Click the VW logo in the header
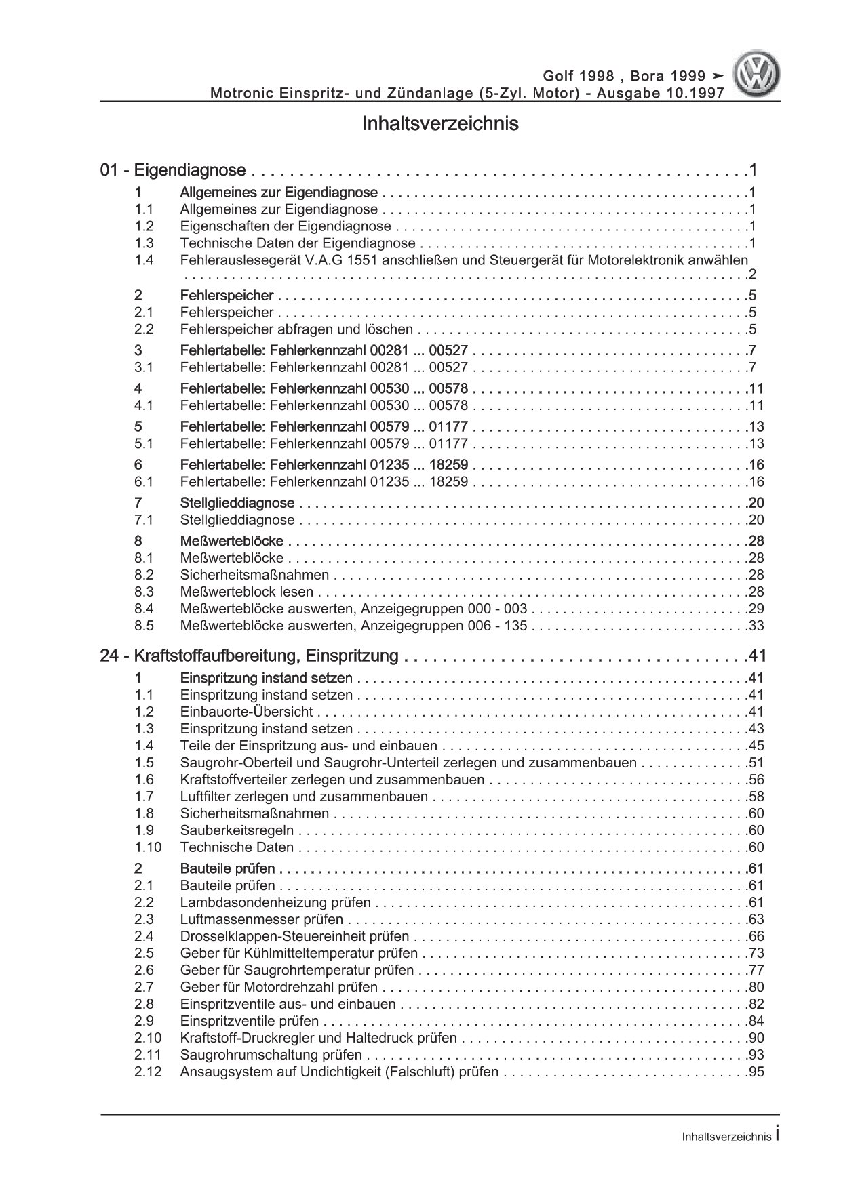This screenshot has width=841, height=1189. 758,75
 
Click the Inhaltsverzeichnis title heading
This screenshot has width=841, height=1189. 440,124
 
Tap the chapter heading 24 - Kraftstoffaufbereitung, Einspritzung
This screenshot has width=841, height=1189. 249,656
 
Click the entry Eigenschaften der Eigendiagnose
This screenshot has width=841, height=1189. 286,226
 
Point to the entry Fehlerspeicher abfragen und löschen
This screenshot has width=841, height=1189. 296,329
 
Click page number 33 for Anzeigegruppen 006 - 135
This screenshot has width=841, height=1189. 756,625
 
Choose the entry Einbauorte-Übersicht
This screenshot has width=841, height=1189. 247,712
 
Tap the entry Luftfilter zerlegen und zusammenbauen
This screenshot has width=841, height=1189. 304,797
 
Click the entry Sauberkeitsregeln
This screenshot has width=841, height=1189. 237,830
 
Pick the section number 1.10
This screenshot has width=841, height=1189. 147,847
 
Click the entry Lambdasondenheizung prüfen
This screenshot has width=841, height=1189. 275,902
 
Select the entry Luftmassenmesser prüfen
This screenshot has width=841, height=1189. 262,919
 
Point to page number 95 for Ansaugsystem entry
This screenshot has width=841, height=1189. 756,1072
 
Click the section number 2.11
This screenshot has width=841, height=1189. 147,1055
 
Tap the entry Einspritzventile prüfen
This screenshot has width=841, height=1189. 250,1021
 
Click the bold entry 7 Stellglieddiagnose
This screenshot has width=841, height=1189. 237,503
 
